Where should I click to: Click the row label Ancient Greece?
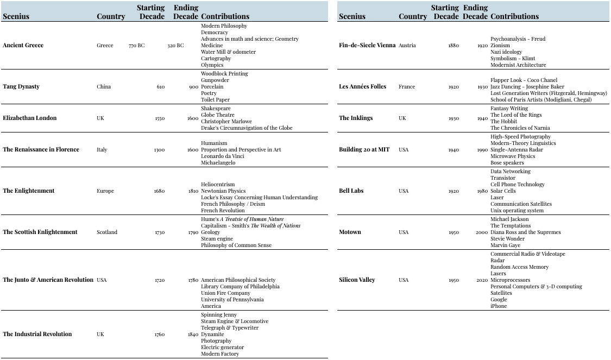coord(23,46)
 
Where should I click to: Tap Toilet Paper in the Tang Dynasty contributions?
coord(215,100)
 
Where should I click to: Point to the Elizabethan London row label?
coord(29,118)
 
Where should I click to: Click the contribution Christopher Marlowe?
coord(226,122)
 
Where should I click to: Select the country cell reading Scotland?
coord(107,232)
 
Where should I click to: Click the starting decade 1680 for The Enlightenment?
coord(159,191)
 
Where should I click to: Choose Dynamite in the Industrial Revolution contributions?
coord(212,334)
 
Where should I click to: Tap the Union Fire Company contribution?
coord(225,293)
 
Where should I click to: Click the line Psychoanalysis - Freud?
coord(518,39)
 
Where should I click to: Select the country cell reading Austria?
coord(407,46)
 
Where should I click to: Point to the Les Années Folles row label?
coord(362,87)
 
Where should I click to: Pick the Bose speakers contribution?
coord(507,163)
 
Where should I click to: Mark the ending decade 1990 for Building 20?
coord(482,150)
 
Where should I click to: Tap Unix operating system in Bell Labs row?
coord(517,211)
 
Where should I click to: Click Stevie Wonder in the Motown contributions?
coord(507,239)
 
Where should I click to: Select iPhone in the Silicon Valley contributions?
coord(499,306)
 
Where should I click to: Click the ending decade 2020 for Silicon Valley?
coord(482,280)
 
